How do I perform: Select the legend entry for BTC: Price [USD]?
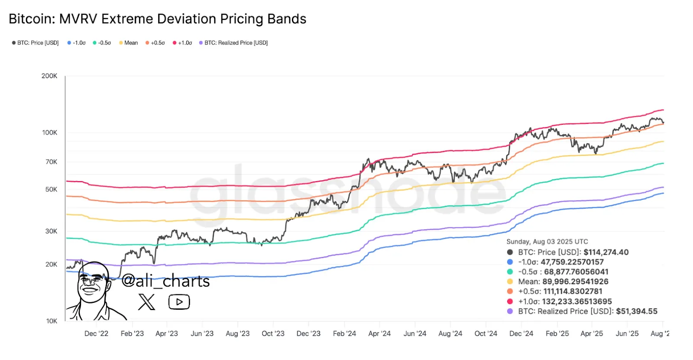coord(36,43)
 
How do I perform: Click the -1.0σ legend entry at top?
coord(77,43)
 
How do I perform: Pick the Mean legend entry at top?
coord(129,43)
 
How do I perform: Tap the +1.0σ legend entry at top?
coord(182,43)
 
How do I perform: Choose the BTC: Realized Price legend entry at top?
coord(233,43)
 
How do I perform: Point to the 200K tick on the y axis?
coord(49,76)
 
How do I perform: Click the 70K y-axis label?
coord(51,162)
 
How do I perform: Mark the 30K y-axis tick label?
coord(51,231)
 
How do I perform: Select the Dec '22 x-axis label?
coord(96,334)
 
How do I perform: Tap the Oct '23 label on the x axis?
coord(273,334)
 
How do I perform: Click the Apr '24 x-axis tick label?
coord(379,334)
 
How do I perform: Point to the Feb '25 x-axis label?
coord(557,334)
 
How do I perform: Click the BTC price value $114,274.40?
coord(606,252)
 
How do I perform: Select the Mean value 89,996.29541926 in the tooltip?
coord(575,282)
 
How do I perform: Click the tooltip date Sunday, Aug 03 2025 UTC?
coord(547,242)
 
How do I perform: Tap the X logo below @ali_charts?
coord(146,302)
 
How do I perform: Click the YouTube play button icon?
coord(179,302)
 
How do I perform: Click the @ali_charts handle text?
coord(165,281)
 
